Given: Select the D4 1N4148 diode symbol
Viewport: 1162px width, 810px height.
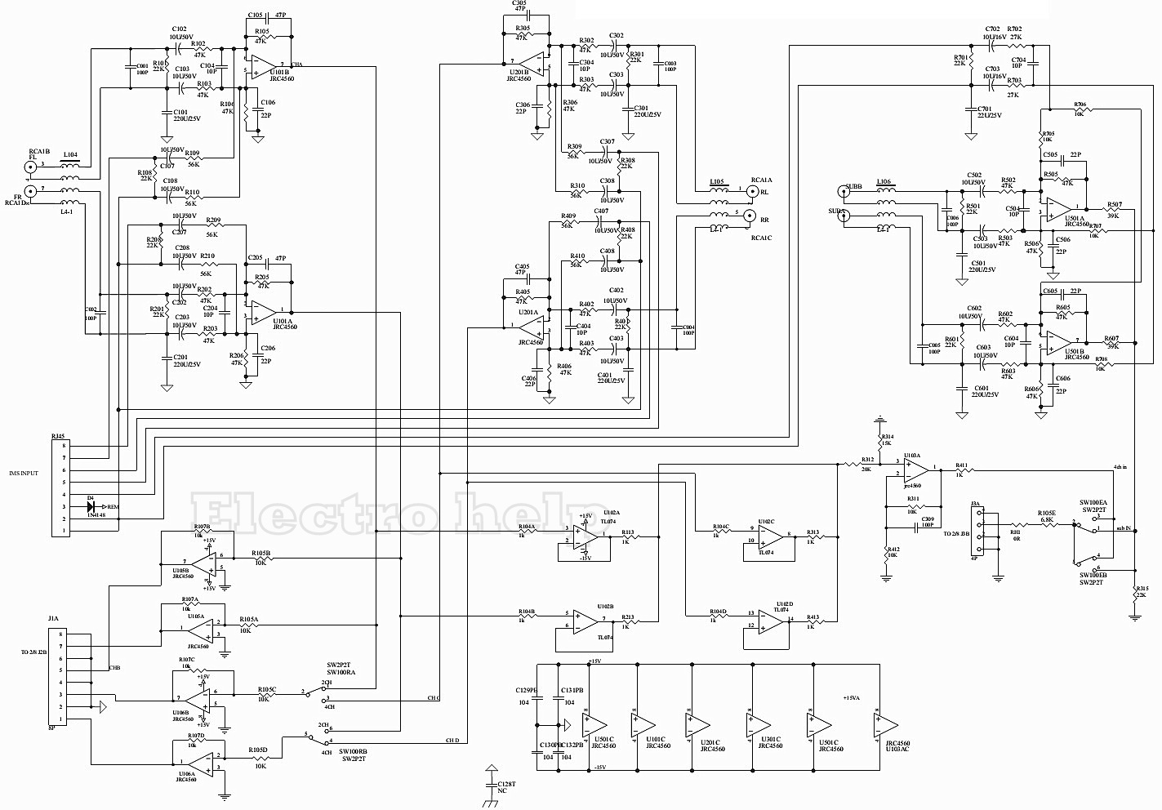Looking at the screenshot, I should [x=91, y=506].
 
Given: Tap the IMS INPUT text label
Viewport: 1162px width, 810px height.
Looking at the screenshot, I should [x=24, y=473].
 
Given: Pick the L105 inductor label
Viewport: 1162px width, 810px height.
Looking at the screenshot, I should [x=716, y=182].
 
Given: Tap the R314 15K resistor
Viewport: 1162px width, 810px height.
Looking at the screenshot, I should [x=879, y=442].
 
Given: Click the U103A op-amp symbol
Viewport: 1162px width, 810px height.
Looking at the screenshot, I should [x=915, y=470].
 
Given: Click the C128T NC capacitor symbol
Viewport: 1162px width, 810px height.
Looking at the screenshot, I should [x=491, y=786].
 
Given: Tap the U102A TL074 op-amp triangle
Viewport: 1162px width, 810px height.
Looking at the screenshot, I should [x=585, y=535].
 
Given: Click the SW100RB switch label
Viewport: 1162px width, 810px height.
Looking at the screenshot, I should [x=353, y=750].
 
